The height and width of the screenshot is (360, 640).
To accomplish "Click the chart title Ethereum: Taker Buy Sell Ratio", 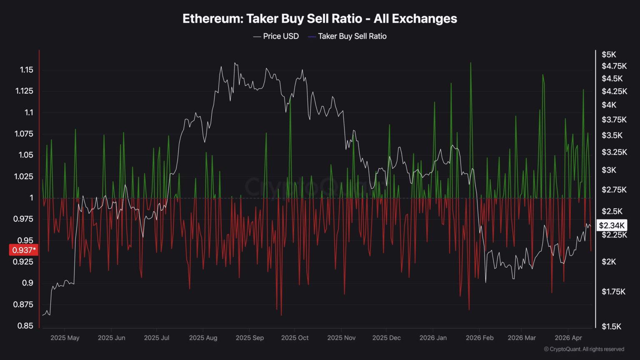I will pos(320,19).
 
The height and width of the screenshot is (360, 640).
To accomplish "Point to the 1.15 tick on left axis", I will pos(27,70).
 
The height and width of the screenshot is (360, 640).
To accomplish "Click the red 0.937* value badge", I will pos(24,250).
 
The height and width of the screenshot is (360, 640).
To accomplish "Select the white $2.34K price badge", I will pos(611,225).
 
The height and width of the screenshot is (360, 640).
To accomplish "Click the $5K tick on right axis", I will pos(608,55).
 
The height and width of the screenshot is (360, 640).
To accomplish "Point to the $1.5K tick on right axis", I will pos(611,326).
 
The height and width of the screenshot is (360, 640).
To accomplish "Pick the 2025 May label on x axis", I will pos(65,337).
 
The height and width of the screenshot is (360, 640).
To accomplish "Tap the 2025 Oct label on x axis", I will pos(295,337).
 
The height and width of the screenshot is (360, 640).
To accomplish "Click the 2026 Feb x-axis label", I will pos(479,337).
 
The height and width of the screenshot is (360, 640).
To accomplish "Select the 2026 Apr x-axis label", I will pos(568,337).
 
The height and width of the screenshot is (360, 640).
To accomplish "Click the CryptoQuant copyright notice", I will pos(584,349).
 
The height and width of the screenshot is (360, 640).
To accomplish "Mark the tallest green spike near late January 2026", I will pos(470,63).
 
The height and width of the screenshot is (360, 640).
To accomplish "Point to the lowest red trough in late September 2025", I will pos(281,315).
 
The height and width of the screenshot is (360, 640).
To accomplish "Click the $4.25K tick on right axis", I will pos(614,91).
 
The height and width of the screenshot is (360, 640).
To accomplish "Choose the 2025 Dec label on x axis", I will pos(386,337).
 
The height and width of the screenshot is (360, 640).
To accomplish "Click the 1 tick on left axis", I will pos(31,197).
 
